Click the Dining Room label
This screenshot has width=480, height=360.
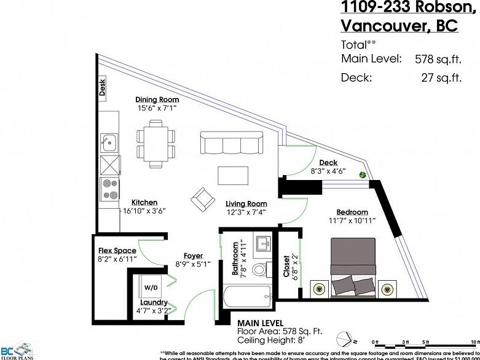[157, 100]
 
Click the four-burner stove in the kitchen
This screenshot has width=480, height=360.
[109, 189]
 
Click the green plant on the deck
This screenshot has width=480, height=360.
[364, 175]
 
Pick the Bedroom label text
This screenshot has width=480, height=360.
[352, 212]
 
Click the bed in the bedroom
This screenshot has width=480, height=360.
[353, 268]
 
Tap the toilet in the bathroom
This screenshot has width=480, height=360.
[259, 270]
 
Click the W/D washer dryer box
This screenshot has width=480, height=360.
[151, 287]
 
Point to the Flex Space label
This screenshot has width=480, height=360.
[117, 251]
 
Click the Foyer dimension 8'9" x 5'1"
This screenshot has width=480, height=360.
[193, 264]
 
